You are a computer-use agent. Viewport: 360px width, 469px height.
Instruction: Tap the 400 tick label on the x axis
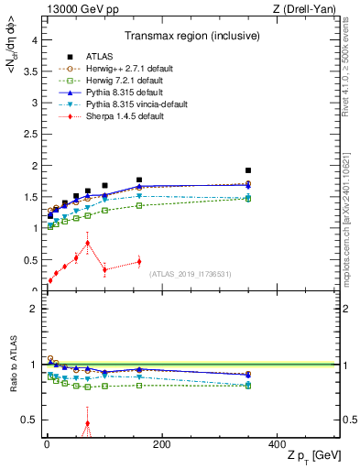point(276,444)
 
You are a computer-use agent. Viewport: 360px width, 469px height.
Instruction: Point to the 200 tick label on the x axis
point(161,444)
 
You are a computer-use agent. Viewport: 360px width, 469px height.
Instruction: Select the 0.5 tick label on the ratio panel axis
point(29,420)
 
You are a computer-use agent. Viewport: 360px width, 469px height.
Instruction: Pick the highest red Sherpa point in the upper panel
point(87,243)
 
